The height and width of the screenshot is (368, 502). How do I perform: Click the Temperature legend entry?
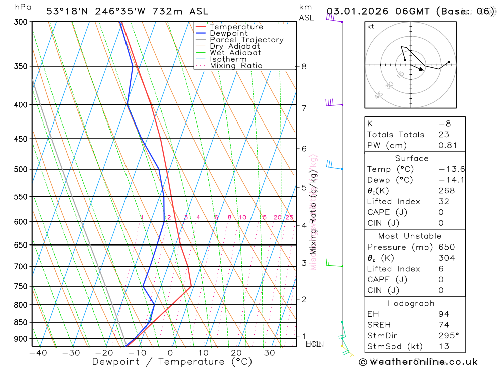236,27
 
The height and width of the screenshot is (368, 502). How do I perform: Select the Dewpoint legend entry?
228,33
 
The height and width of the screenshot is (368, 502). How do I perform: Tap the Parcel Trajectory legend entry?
246,40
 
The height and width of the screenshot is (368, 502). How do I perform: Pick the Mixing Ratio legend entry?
236,66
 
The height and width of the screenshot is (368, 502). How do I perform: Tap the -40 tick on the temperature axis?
38,353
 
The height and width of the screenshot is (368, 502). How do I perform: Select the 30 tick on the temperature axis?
269,353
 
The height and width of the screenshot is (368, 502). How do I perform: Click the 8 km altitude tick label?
304,66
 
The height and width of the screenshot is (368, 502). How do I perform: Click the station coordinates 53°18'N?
65,11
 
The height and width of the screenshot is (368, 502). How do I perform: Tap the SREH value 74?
444,325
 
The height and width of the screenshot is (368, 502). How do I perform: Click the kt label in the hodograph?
371,26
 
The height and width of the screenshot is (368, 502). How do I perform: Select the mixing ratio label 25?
289,217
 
